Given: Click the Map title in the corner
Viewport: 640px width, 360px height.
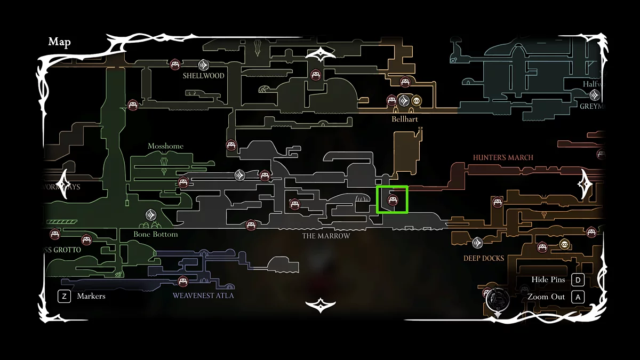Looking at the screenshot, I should coord(59,42).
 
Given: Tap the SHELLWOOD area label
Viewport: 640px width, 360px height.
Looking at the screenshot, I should coord(203,76).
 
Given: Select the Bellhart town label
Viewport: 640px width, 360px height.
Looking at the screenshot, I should coord(405,119).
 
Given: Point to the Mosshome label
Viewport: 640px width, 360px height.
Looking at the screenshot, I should coord(165,146).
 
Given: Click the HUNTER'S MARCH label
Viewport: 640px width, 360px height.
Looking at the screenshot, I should coord(503,157).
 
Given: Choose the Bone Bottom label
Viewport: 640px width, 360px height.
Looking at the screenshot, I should coord(156,234).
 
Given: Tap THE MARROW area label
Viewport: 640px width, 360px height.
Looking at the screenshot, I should coord(326,236).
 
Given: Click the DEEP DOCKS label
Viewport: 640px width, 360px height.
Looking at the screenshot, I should coord(483,258).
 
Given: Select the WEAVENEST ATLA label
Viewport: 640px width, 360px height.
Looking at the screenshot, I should coord(203,295).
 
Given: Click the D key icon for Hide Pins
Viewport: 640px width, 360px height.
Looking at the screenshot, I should coord(578,280).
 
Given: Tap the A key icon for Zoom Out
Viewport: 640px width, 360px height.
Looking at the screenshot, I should coord(578,297).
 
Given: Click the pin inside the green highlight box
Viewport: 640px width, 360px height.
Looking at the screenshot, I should coord(393,200).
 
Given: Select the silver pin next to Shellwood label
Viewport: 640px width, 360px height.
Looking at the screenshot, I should coord(203,65).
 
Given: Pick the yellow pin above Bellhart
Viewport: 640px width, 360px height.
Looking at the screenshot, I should coord(416,100).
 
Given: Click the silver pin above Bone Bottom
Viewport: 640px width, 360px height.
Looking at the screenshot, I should coord(151,215).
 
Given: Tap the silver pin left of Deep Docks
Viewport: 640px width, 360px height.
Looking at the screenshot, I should coord(477,243).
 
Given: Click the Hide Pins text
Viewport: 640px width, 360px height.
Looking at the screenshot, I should coord(548,280).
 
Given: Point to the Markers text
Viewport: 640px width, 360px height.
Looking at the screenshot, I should coord(91,296).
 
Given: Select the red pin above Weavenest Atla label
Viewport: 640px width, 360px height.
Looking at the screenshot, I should coord(183,282).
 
